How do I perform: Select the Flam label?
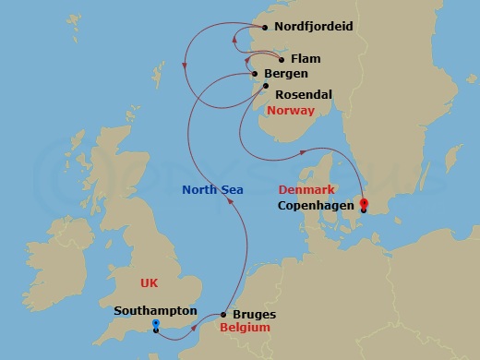pyautogui.click(x=306, y=58)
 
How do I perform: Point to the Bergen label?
pyautogui.click(x=285, y=74)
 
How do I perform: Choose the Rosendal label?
pyautogui.click(x=303, y=94)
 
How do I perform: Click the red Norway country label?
pyautogui.click(x=290, y=111)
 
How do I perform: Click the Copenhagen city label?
pyautogui.click(x=316, y=207)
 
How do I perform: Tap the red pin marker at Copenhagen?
pyautogui.click(x=364, y=204)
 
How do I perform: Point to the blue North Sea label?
pyautogui.click(x=213, y=189)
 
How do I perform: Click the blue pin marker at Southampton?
pyautogui.click(x=156, y=325)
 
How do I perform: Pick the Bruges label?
pyautogui.click(x=254, y=315)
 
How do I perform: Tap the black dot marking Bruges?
pyautogui.click(x=223, y=315)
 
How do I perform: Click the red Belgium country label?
pyautogui.click(x=245, y=328)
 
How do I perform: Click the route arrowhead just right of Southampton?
pyautogui.click(x=193, y=326)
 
